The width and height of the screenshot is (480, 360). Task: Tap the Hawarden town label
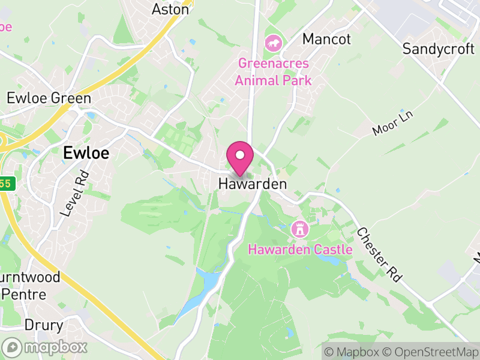(253, 184)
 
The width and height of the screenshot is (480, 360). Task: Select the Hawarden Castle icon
(298, 229)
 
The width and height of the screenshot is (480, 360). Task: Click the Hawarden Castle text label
(300, 249)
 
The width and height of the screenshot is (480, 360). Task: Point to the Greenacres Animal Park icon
(274, 43)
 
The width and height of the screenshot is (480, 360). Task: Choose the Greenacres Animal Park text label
(274, 71)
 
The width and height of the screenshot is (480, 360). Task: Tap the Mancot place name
(326, 40)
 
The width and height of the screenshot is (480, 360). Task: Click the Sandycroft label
(439, 49)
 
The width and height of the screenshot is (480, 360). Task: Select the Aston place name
(170, 10)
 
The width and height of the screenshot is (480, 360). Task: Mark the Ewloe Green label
(49, 98)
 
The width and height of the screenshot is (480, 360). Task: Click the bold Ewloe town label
(86, 153)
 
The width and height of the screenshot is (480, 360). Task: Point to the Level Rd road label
(74, 191)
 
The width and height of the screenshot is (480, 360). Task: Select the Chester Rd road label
(378, 254)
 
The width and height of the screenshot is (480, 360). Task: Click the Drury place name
(44, 326)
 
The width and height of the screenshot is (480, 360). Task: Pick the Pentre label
(24, 295)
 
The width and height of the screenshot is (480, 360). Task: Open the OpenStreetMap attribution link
(431, 352)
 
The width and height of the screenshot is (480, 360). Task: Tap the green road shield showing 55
(5, 184)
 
